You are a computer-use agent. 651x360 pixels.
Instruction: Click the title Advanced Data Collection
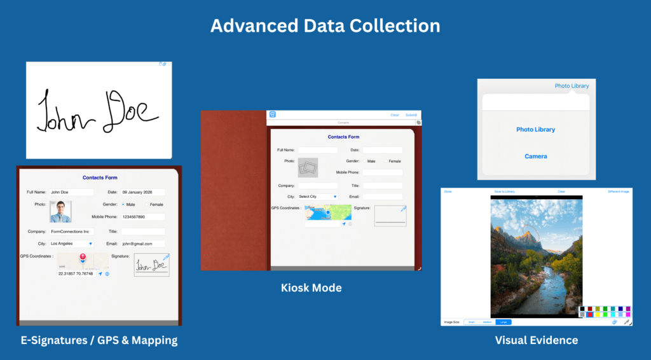325,25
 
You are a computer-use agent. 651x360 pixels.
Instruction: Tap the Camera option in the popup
535,156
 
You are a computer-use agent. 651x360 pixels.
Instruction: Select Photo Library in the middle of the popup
535,130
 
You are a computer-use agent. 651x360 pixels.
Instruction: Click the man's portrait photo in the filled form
61,212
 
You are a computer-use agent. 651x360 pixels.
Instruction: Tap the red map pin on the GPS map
83,257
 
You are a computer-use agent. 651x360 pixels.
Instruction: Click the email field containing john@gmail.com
142,244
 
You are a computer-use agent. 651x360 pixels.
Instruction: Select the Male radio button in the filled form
123,205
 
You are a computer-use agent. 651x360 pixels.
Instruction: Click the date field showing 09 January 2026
142,192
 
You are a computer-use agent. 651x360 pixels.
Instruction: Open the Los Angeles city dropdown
71,244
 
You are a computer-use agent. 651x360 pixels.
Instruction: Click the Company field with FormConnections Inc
71,232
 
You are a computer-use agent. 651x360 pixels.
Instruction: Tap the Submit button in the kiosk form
411,115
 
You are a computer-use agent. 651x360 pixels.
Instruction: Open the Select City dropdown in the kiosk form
317,197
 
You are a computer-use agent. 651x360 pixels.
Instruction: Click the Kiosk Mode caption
311,288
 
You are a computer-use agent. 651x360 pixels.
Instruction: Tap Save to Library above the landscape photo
504,191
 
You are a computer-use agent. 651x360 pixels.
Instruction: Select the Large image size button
503,322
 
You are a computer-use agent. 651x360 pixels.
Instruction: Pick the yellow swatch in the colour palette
598,314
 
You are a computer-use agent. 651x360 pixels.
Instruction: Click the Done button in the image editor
448,191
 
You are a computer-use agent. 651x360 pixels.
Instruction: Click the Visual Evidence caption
536,340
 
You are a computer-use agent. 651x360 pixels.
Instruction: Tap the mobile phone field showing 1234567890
142,217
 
